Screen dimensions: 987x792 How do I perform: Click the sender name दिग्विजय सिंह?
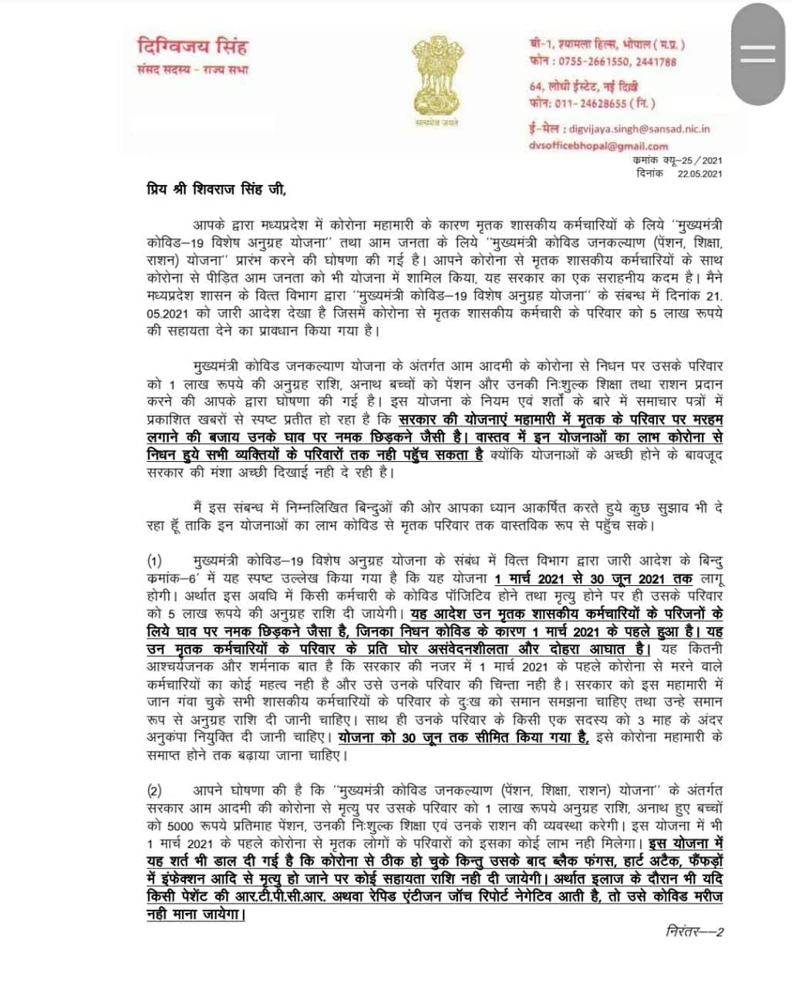pos(190,46)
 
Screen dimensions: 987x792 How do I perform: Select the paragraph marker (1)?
pos(155,558)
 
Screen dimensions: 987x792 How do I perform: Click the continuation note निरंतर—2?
pos(693,931)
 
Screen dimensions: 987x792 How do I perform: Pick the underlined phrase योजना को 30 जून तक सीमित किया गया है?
pos(457,737)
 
